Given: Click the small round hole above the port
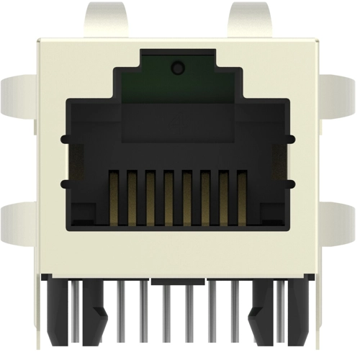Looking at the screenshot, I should pyautogui.click(x=177, y=69).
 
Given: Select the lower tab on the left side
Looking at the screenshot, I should pyautogui.click(x=17, y=223).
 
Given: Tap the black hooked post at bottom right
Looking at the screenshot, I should pyautogui.click(x=261, y=310).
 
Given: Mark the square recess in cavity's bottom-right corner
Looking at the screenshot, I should pyautogui.click(x=271, y=212).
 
